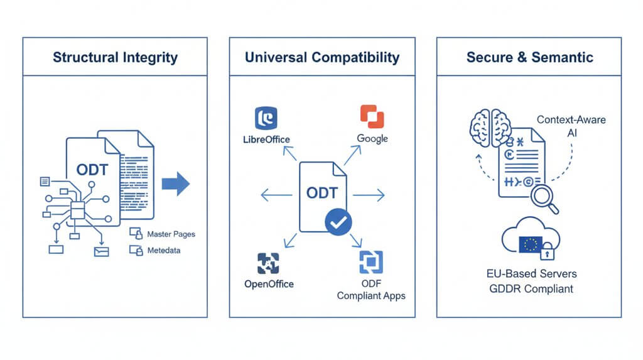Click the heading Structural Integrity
[115, 57]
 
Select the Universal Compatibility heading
[321, 57]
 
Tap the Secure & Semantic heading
[529, 57]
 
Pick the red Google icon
[372, 117]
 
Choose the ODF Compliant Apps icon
[371, 262]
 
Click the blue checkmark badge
[338, 221]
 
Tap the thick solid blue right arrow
[175, 183]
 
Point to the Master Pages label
[171, 234]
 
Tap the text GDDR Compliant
[531, 289]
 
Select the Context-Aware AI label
[571, 126]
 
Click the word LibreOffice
[267, 139]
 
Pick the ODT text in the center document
[321, 192]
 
